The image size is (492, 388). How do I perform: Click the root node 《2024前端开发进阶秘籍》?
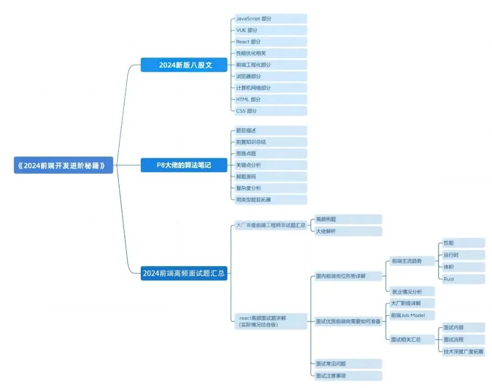pyautogui.click(x=63, y=166)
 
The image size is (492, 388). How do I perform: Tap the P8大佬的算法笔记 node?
pyautogui.click(x=184, y=165)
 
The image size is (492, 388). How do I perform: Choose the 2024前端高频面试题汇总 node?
pyautogui.click(x=184, y=273)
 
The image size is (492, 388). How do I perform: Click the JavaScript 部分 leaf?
pyautogui.click(x=269, y=19)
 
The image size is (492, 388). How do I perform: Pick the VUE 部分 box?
pyautogui.click(x=269, y=30)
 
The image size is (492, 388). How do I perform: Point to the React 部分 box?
pyautogui.click(x=269, y=41)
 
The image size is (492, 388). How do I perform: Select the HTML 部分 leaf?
pyautogui.click(x=269, y=99)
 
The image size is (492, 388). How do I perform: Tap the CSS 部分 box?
pyautogui.click(x=269, y=111)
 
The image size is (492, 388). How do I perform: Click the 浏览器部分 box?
pyautogui.click(x=269, y=76)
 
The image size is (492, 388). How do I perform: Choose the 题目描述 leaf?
pyautogui.click(x=269, y=131)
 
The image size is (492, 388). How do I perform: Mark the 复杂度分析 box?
pyautogui.click(x=269, y=188)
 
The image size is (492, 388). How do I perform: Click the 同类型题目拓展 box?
pyautogui.click(x=269, y=199)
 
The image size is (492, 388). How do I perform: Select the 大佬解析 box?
pyautogui.click(x=348, y=231)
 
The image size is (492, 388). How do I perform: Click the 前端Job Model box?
pyautogui.click(x=411, y=315)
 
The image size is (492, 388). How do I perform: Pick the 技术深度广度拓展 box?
pyautogui.click(x=462, y=351)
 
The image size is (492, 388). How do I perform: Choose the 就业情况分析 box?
pyautogui.click(x=411, y=291)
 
